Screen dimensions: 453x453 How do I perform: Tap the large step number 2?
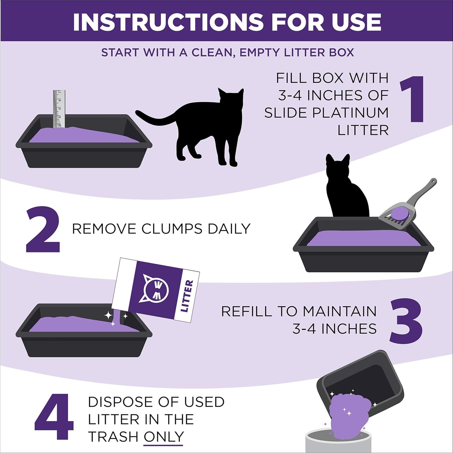coord(43,230)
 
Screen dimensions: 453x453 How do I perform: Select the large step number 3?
coord(406,321)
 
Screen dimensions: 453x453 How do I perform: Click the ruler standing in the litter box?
coord(59,109)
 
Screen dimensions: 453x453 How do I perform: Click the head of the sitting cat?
coord(338,168)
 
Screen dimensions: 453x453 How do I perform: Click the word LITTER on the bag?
coord(186,296)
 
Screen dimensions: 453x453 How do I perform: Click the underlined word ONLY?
coord(164,437)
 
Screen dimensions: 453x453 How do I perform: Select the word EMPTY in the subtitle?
coord(260,53)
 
